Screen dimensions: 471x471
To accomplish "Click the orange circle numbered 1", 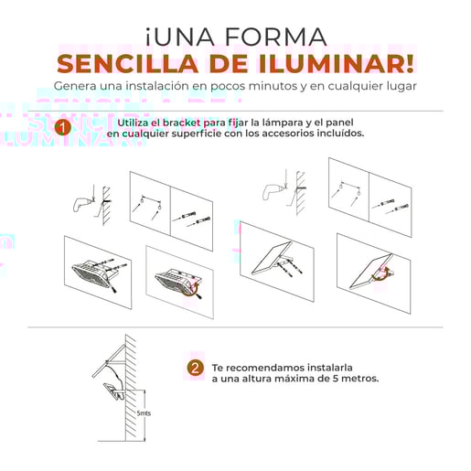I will (x=62, y=128).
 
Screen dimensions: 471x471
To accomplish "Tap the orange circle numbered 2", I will (x=194, y=369).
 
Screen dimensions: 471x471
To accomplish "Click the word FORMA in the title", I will (x=275, y=37).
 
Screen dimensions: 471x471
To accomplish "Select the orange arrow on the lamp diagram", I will (x=195, y=289).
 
